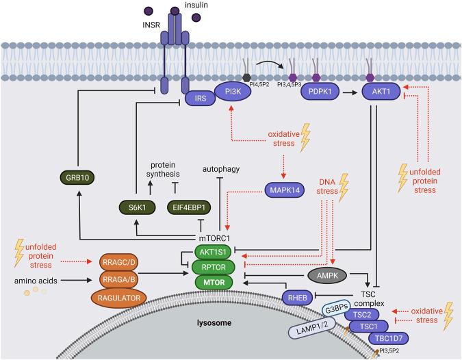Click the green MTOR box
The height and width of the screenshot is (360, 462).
point(214,282)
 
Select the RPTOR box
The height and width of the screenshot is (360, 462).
point(214,267)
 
